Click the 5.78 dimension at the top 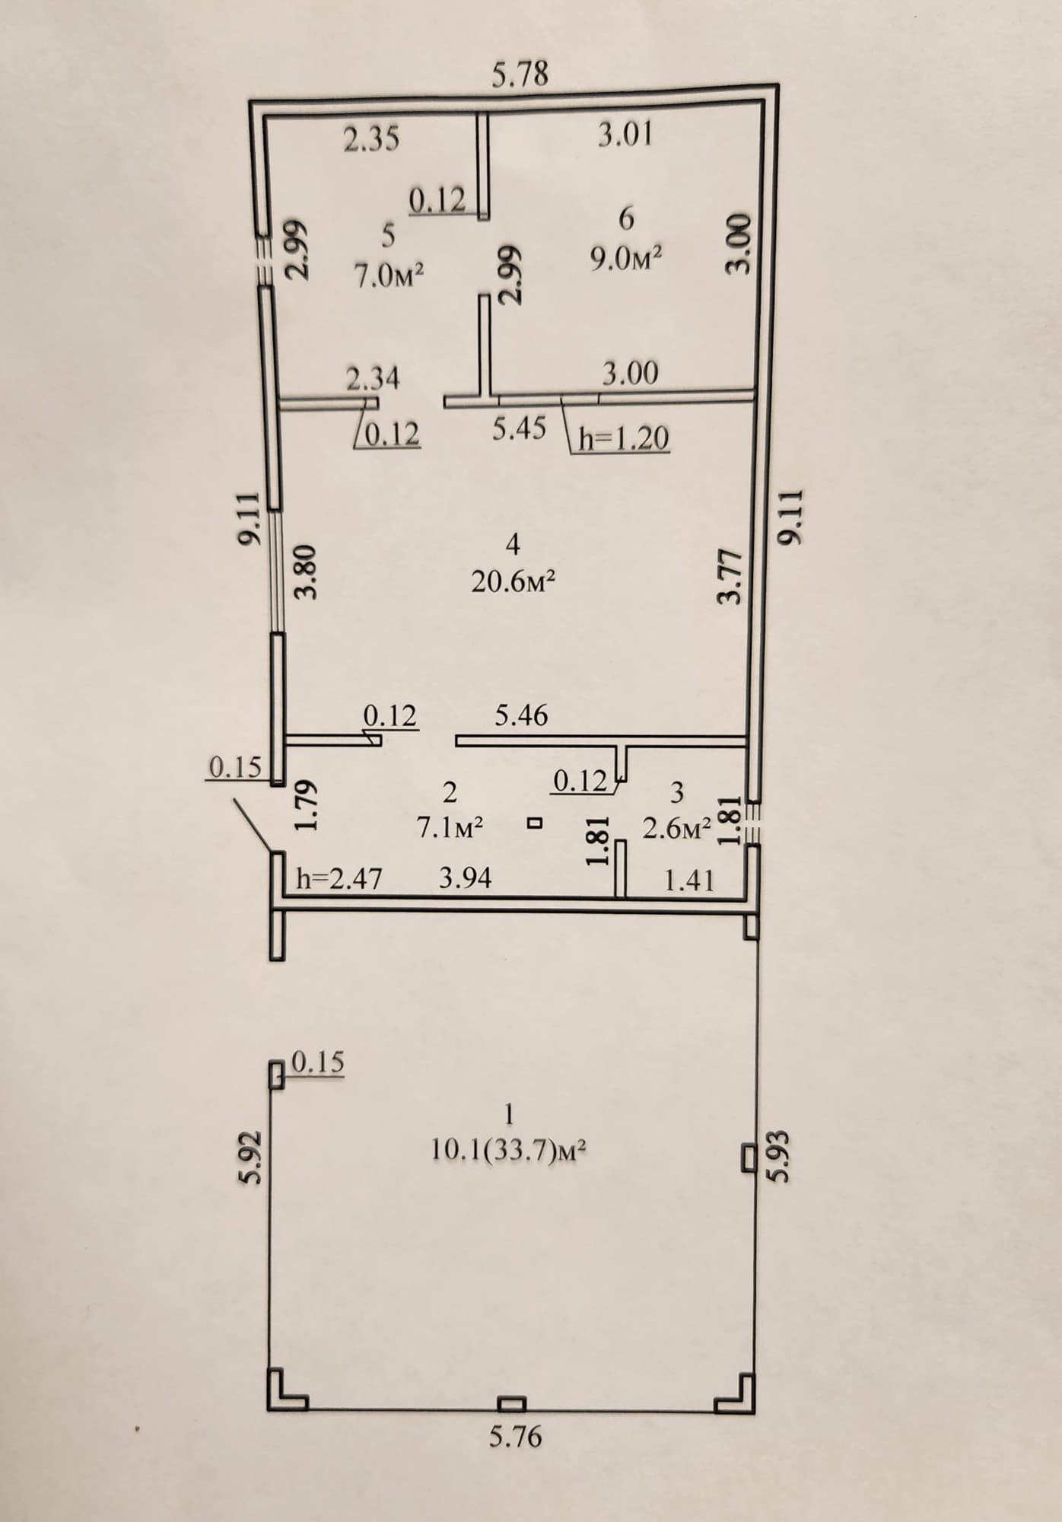pos(520,75)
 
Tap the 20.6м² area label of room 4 pos(513,582)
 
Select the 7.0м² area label pos(388,275)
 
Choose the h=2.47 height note pos(339,879)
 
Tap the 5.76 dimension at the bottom pos(515,1436)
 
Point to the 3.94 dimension pos(466,878)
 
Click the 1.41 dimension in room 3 pos(689,880)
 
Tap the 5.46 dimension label pos(521,715)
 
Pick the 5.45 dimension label pos(519,429)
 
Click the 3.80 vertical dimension pos(306,572)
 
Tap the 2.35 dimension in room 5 pos(371,139)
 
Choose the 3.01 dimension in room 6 pos(625,135)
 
